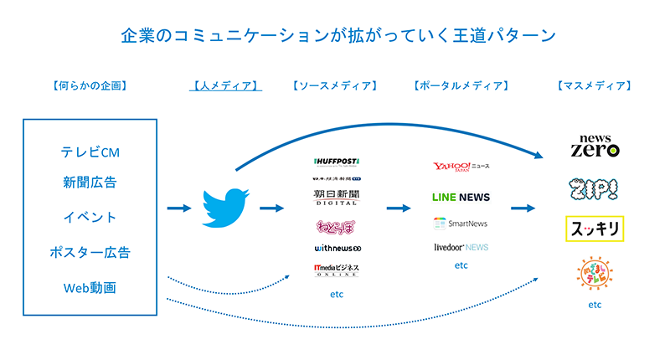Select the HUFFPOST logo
[x=336, y=161]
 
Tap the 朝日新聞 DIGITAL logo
[x=336, y=197]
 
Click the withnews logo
[x=336, y=248]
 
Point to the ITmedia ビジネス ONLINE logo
[x=336, y=270]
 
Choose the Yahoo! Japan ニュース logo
[x=461, y=167]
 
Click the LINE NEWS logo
[x=461, y=197]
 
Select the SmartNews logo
[x=461, y=224]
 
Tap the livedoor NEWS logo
[x=461, y=247]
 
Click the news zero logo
[x=595, y=145]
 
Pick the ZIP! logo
[x=595, y=189]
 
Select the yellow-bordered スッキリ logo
[x=595, y=228]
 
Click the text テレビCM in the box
[x=90, y=152]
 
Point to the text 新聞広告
[x=90, y=183]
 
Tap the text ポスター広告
[x=90, y=252]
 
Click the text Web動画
[x=90, y=287]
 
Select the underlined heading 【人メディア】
[x=224, y=85]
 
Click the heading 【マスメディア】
[x=594, y=85]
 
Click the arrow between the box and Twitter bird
[x=179, y=208]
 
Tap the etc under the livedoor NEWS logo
[x=461, y=265]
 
